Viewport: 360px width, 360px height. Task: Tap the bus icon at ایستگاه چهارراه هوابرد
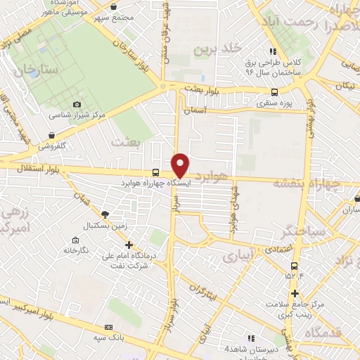coord(155,173)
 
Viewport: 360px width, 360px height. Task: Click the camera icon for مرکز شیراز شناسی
coord(77,104)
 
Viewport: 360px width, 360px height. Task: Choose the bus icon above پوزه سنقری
coord(274,91)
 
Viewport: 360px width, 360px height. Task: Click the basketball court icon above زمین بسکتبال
coord(105,214)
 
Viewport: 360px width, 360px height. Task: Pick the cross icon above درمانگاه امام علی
coord(128,244)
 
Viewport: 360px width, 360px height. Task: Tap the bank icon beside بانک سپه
coord(108,327)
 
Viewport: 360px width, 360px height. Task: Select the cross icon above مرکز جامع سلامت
coord(295,293)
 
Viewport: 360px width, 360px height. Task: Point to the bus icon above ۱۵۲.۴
coord(294,265)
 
